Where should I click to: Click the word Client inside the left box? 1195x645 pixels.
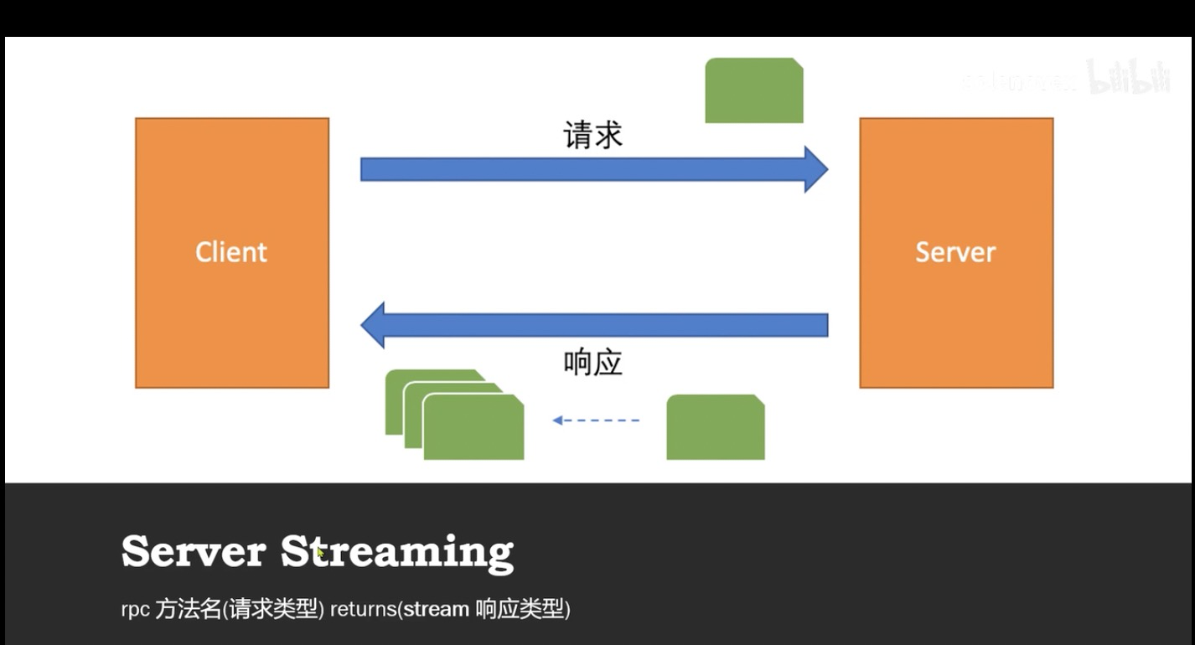click(231, 252)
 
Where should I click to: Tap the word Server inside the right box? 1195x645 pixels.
click(955, 252)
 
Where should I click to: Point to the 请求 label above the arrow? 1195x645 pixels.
click(593, 135)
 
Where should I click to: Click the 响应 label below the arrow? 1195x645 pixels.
click(593, 363)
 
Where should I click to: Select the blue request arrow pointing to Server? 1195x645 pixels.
click(578, 169)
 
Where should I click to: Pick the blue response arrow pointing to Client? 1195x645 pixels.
click(603, 325)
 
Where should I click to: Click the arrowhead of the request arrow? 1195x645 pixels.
click(815, 169)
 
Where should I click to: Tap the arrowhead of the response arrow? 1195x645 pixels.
click(373, 325)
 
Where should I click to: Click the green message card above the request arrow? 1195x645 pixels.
click(754, 90)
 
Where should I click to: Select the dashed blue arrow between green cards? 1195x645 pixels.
click(596, 421)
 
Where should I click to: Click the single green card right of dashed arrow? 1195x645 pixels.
click(716, 427)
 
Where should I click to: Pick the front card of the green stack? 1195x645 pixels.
click(473, 429)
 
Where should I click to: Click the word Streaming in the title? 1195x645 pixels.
click(397, 552)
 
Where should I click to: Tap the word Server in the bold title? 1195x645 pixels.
click(194, 552)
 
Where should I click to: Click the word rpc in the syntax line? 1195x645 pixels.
click(135, 610)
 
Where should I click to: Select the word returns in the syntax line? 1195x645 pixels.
click(362, 610)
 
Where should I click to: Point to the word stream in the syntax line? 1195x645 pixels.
click(436, 610)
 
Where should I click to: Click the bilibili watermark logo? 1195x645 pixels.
click(1128, 77)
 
